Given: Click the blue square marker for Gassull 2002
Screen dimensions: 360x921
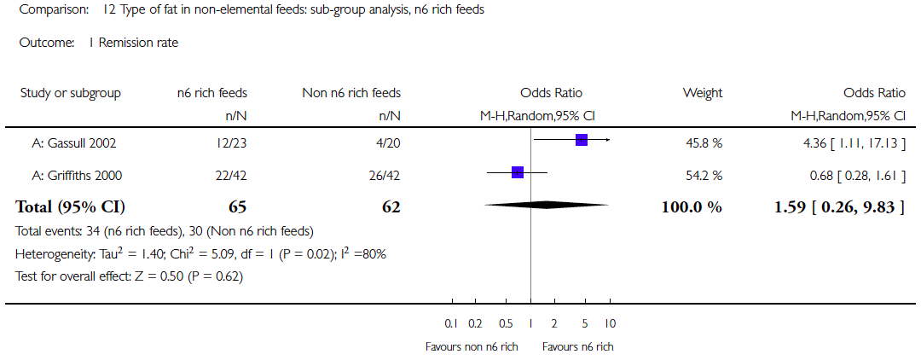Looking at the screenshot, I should (x=582, y=139).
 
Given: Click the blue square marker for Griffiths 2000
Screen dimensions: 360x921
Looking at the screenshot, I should (x=518, y=172).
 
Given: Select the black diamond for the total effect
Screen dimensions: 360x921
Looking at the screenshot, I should (x=547, y=205).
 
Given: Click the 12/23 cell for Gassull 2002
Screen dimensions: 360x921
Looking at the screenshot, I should (x=231, y=142).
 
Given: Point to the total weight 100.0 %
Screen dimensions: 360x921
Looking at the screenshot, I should (x=692, y=207).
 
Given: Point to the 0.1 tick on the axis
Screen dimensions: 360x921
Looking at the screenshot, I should (x=451, y=324).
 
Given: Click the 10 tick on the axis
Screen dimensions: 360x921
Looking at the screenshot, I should (x=610, y=324).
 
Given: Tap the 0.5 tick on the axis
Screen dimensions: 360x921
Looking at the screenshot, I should (x=506, y=324).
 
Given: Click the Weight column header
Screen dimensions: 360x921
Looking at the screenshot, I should (x=702, y=93).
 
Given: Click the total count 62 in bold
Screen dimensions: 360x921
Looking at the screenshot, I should (x=391, y=207).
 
